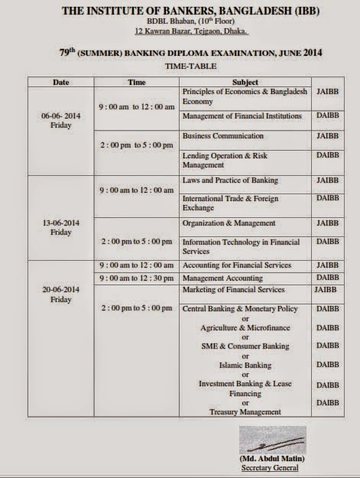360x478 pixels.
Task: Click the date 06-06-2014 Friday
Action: [x=63, y=121]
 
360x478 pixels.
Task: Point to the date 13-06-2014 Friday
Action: [x=63, y=227]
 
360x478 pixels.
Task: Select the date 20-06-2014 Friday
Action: [x=63, y=295]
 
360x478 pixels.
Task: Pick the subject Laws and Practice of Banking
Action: [x=229, y=180]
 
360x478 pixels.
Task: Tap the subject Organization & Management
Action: [x=228, y=223]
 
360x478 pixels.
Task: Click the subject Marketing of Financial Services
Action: [x=232, y=290]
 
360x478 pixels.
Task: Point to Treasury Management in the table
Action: [x=245, y=412]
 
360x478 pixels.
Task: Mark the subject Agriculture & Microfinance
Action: [x=245, y=327]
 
